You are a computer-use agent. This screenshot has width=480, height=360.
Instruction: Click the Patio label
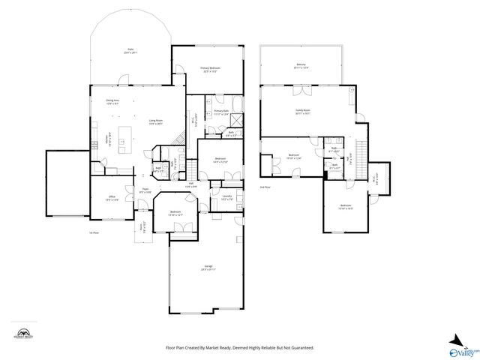pos(130,51)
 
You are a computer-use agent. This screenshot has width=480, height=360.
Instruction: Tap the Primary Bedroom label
pos(208,70)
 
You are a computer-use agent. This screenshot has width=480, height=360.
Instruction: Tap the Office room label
pos(112,199)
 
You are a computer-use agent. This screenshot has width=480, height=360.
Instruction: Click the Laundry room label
pos(226,198)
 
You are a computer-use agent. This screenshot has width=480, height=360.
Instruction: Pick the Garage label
pos(208,268)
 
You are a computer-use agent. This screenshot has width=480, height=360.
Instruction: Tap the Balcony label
pos(301,66)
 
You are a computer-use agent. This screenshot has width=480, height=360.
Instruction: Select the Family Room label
pos(303,112)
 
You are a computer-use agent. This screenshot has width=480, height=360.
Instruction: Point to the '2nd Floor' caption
pos(265,187)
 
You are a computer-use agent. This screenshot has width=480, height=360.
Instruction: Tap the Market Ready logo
pos(25,334)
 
